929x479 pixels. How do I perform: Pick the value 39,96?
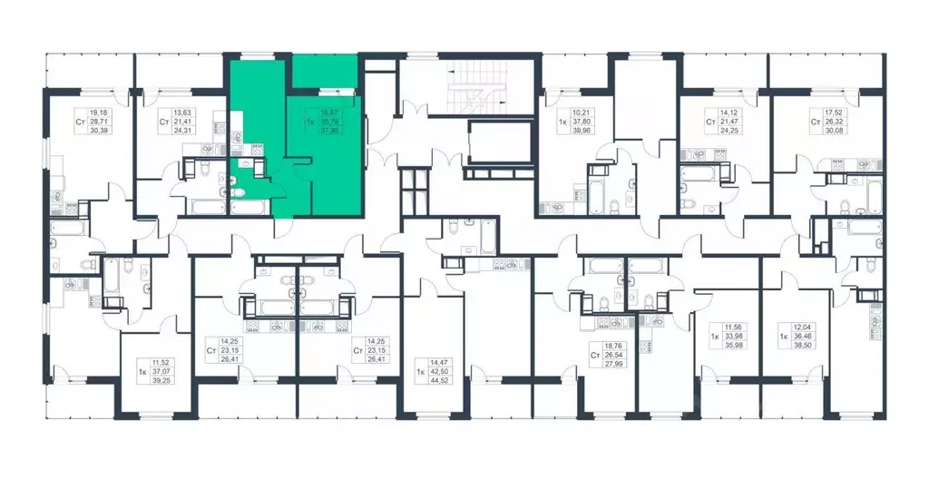pyautogui.click(x=582, y=130)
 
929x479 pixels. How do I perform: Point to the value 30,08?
pyautogui.click(x=834, y=130)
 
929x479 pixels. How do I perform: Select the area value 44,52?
pyautogui.click(x=445, y=382)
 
